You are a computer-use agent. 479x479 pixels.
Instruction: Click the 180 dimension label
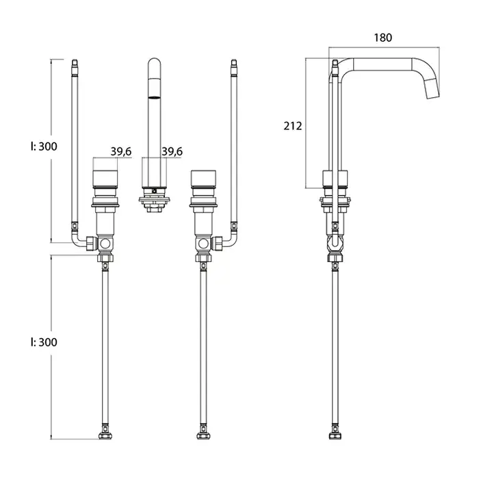pos(383,38)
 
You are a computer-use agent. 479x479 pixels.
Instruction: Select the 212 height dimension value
pos(293,126)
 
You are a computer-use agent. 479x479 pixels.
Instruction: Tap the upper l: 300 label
pos(44,146)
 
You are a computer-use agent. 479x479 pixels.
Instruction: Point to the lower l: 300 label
pos(44,342)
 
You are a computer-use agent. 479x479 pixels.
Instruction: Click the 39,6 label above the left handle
pos(121,151)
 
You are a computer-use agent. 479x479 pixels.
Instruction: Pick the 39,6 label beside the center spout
pos(172,151)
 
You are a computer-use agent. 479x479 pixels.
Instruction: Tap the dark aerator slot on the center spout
pos(154,97)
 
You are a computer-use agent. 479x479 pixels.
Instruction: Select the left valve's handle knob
pos(105,178)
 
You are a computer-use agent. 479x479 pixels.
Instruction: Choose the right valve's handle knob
pos(203,178)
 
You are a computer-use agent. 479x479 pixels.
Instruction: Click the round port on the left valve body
pos(105,244)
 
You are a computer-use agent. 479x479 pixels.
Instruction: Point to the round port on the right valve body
pos(203,244)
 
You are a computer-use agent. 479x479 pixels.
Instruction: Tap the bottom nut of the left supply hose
pos(105,436)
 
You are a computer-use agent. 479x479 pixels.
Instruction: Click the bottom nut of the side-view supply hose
pos(335,436)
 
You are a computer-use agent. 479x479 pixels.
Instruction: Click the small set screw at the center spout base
pos(154,191)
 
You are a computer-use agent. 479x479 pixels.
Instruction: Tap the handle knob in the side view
pos(335,178)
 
